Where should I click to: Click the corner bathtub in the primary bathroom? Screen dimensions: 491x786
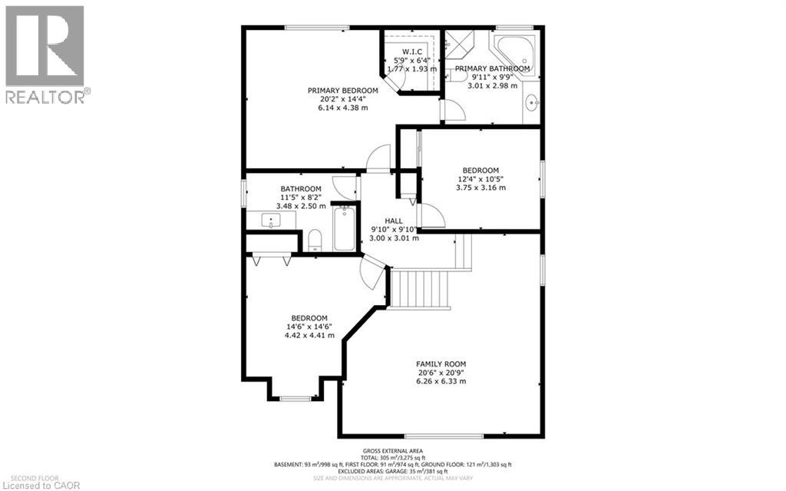(514, 51)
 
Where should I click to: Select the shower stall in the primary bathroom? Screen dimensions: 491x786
(461, 45)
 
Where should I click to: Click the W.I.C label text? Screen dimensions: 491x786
(413, 51)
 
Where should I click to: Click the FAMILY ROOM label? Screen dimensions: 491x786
(441, 363)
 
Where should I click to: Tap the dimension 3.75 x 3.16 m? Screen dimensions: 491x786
(481, 187)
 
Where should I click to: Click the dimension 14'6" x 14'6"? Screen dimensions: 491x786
(309, 327)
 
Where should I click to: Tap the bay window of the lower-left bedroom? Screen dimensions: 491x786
(296, 397)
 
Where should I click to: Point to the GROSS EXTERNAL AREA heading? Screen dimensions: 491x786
(392, 451)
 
